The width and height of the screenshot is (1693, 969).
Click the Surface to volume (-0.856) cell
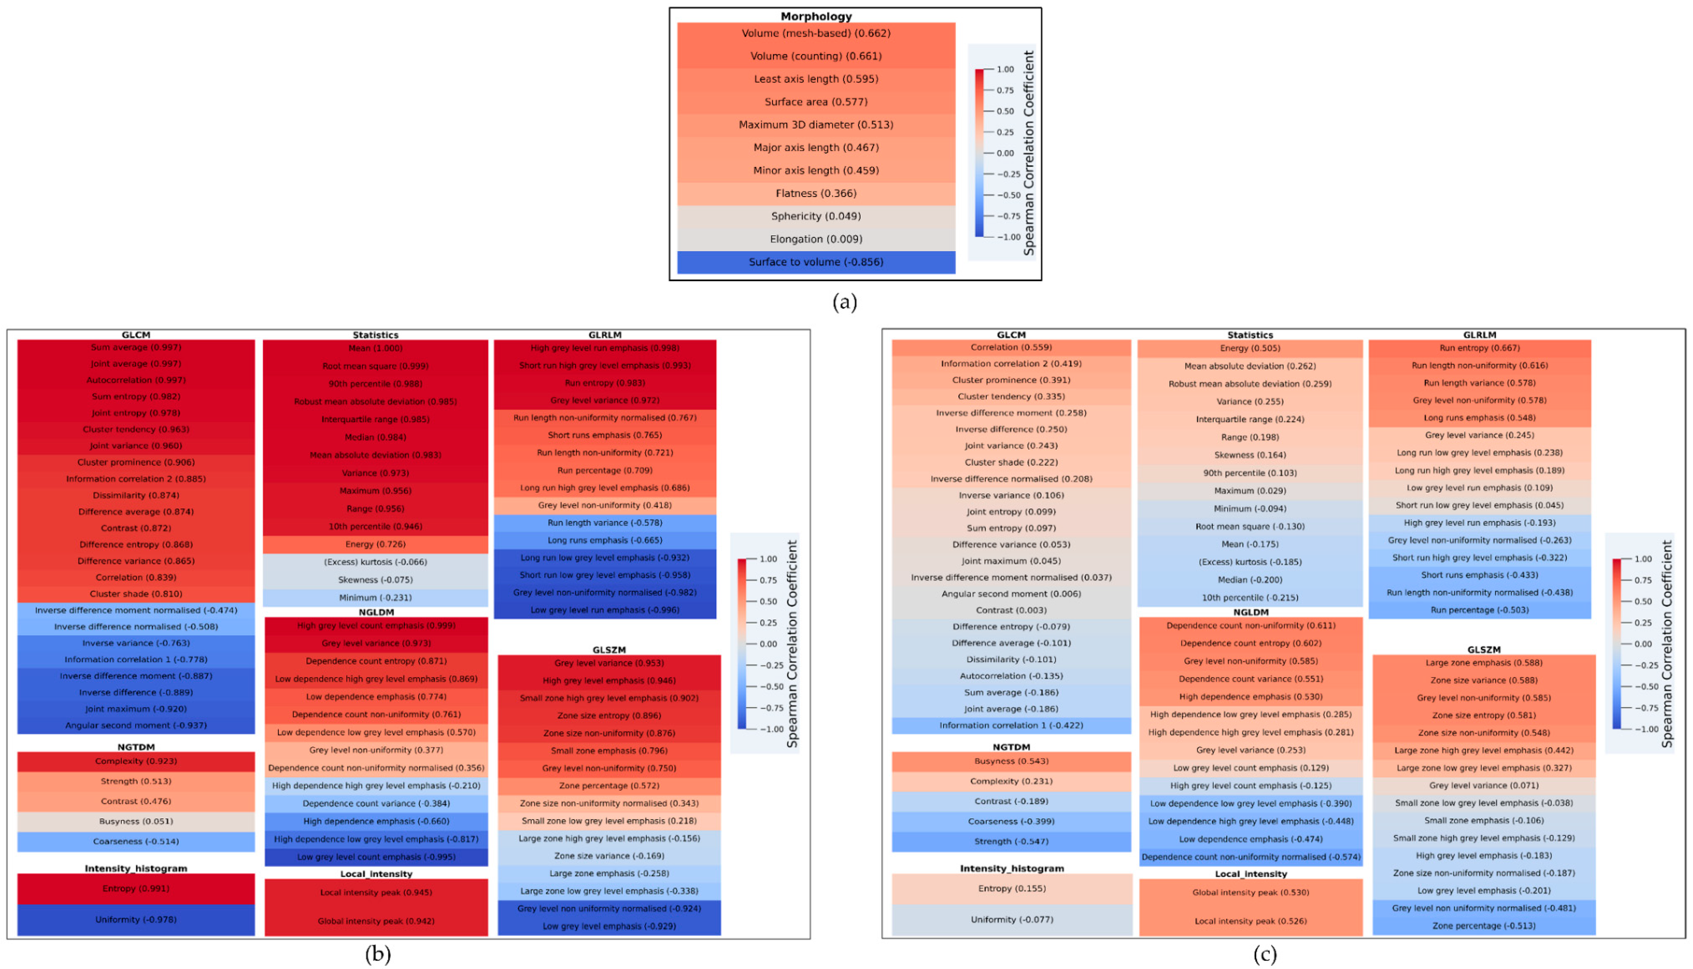tap(816, 262)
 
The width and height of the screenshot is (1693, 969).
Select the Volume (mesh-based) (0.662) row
tap(816, 33)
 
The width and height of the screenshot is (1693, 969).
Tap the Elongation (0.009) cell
tap(816, 239)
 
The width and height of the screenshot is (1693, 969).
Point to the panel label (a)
tap(844, 302)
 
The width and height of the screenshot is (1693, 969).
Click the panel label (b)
tap(377, 954)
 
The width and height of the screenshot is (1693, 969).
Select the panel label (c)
tap(1265, 954)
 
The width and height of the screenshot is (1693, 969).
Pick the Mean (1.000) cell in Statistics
tap(375, 348)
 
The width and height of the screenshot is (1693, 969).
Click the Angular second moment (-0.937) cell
tap(136, 725)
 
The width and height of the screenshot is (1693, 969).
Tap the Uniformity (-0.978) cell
tap(136, 920)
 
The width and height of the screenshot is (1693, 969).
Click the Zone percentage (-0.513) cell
tap(1483, 926)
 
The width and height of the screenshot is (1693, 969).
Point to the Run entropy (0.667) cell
tap(1479, 348)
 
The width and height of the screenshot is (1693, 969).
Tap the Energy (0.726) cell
tap(375, 544)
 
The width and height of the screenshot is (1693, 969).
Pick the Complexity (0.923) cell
tap(136, 761)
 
